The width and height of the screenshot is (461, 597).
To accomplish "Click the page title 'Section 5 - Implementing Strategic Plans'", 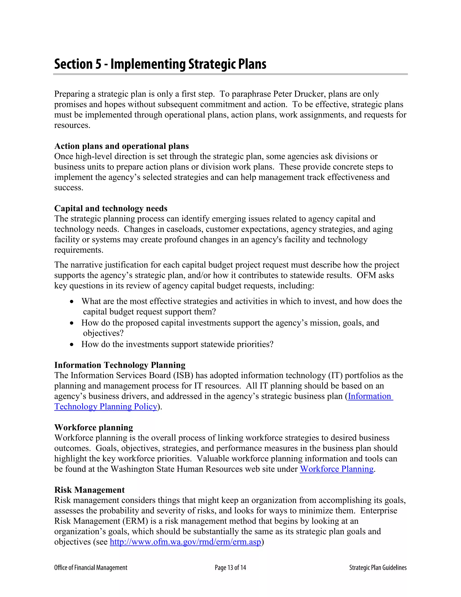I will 160,64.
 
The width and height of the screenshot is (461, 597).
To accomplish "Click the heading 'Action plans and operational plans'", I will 122,146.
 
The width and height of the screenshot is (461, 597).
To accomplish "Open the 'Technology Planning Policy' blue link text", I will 106,406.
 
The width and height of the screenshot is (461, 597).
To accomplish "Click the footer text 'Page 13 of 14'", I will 230,568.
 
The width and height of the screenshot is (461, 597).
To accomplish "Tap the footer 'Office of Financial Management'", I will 91,568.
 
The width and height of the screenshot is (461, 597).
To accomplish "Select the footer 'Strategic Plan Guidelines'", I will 378,568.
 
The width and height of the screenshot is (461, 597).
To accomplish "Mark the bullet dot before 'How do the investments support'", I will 72,345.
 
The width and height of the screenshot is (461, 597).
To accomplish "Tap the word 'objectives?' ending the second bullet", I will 103,333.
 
